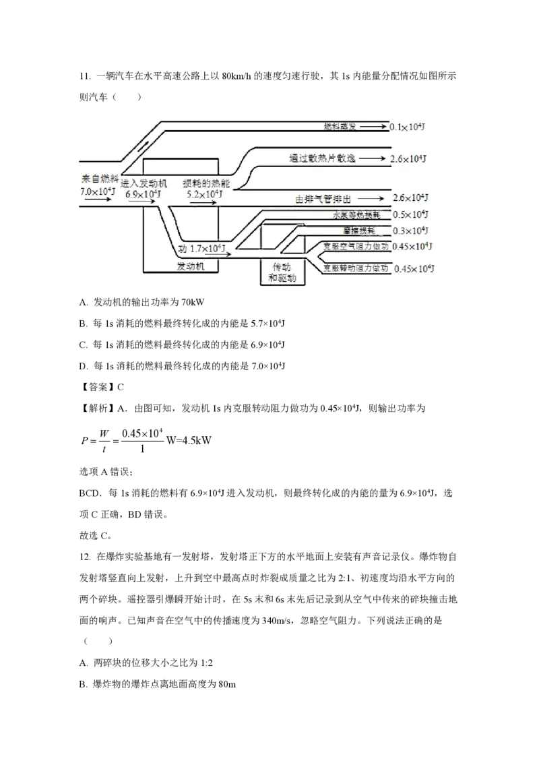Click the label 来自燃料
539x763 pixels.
pos(100,179)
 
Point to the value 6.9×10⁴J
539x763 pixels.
pos(143,193)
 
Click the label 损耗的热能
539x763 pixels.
pos(203,183)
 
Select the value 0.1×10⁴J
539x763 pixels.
pos(406,126)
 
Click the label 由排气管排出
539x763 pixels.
pos(323,199)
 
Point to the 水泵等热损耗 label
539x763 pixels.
pos(356,215)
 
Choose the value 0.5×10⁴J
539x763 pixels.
pos(410,215)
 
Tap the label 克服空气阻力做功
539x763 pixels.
pos(355,247)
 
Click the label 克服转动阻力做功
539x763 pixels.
pos(355,268)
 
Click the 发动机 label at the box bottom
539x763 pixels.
pos(190,267)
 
